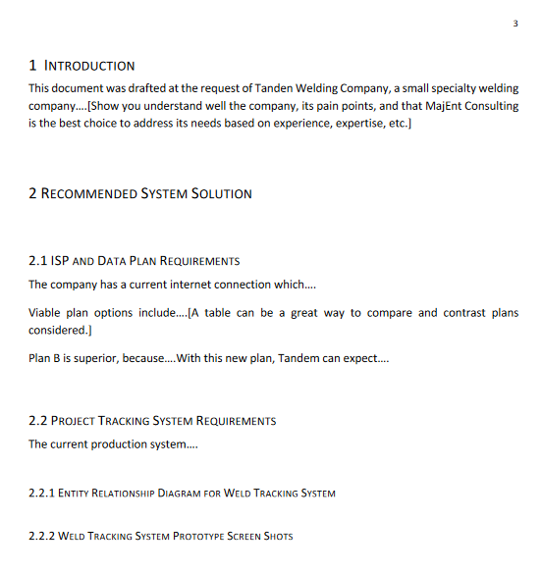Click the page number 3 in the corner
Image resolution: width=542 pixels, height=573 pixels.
515,25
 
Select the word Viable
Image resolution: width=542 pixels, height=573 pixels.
45,313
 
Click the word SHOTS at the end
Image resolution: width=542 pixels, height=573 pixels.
276,536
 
